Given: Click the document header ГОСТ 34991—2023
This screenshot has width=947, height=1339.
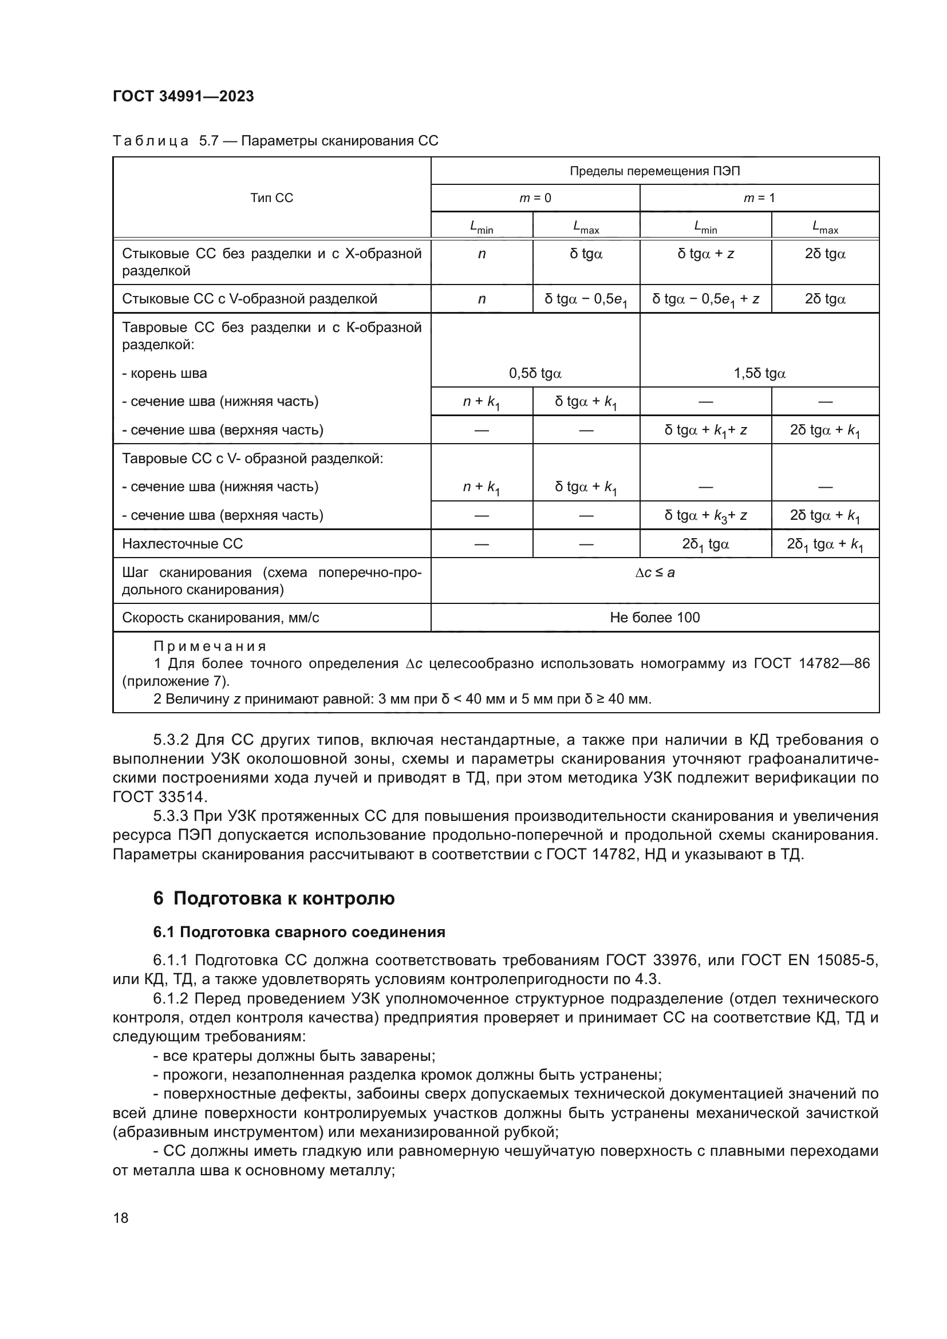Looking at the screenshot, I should [183, 96].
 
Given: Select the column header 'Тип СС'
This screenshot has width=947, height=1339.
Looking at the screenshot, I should [271, 198].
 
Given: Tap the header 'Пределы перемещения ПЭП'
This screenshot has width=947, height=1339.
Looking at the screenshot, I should [654, 171].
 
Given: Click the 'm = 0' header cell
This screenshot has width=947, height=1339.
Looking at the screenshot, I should [535, 198].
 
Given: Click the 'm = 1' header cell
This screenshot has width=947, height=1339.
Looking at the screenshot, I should [759, 198].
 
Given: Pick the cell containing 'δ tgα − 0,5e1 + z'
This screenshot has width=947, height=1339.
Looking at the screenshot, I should [705, 299].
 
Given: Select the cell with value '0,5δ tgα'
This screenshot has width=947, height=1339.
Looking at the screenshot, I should [535, 373].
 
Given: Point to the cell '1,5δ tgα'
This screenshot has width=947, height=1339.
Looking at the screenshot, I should [759, 373].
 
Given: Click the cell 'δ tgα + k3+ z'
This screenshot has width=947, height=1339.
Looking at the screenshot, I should [705, 516].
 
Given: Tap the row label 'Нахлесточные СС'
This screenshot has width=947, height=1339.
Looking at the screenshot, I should [182, 543].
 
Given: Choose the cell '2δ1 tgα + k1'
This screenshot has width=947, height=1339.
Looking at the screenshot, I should [824, 544].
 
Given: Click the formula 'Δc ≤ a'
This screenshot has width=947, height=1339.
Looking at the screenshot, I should [654, 572].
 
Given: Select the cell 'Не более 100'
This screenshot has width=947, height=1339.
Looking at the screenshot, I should [654, 618].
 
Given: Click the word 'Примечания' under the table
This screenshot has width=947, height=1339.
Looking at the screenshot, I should [210, 646].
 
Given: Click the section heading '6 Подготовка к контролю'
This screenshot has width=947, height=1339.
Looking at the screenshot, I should [274, 898].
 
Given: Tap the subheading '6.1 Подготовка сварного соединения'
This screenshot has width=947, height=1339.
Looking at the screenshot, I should [298, 932].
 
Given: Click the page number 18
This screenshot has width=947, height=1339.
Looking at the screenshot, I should [121, 1218].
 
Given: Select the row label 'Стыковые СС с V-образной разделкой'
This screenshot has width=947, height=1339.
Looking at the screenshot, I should [250, 299].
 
